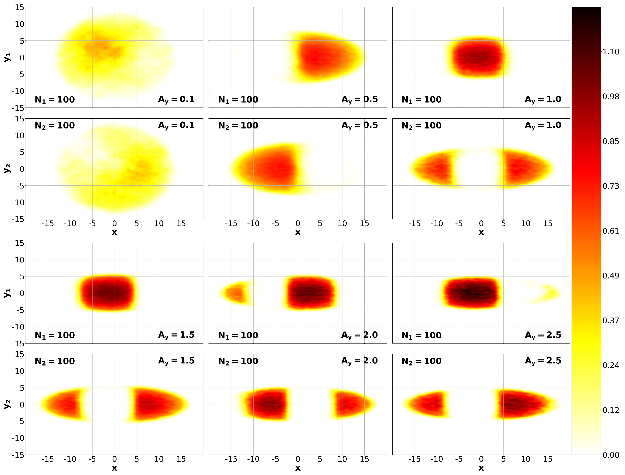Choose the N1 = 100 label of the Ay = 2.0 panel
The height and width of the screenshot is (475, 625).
(x=238, y=335)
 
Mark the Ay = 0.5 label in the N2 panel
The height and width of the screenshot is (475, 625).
(x=359, y=125)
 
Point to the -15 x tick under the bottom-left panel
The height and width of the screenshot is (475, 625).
(x=48, y=459)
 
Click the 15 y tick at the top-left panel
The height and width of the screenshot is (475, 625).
(x=20, y=8)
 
